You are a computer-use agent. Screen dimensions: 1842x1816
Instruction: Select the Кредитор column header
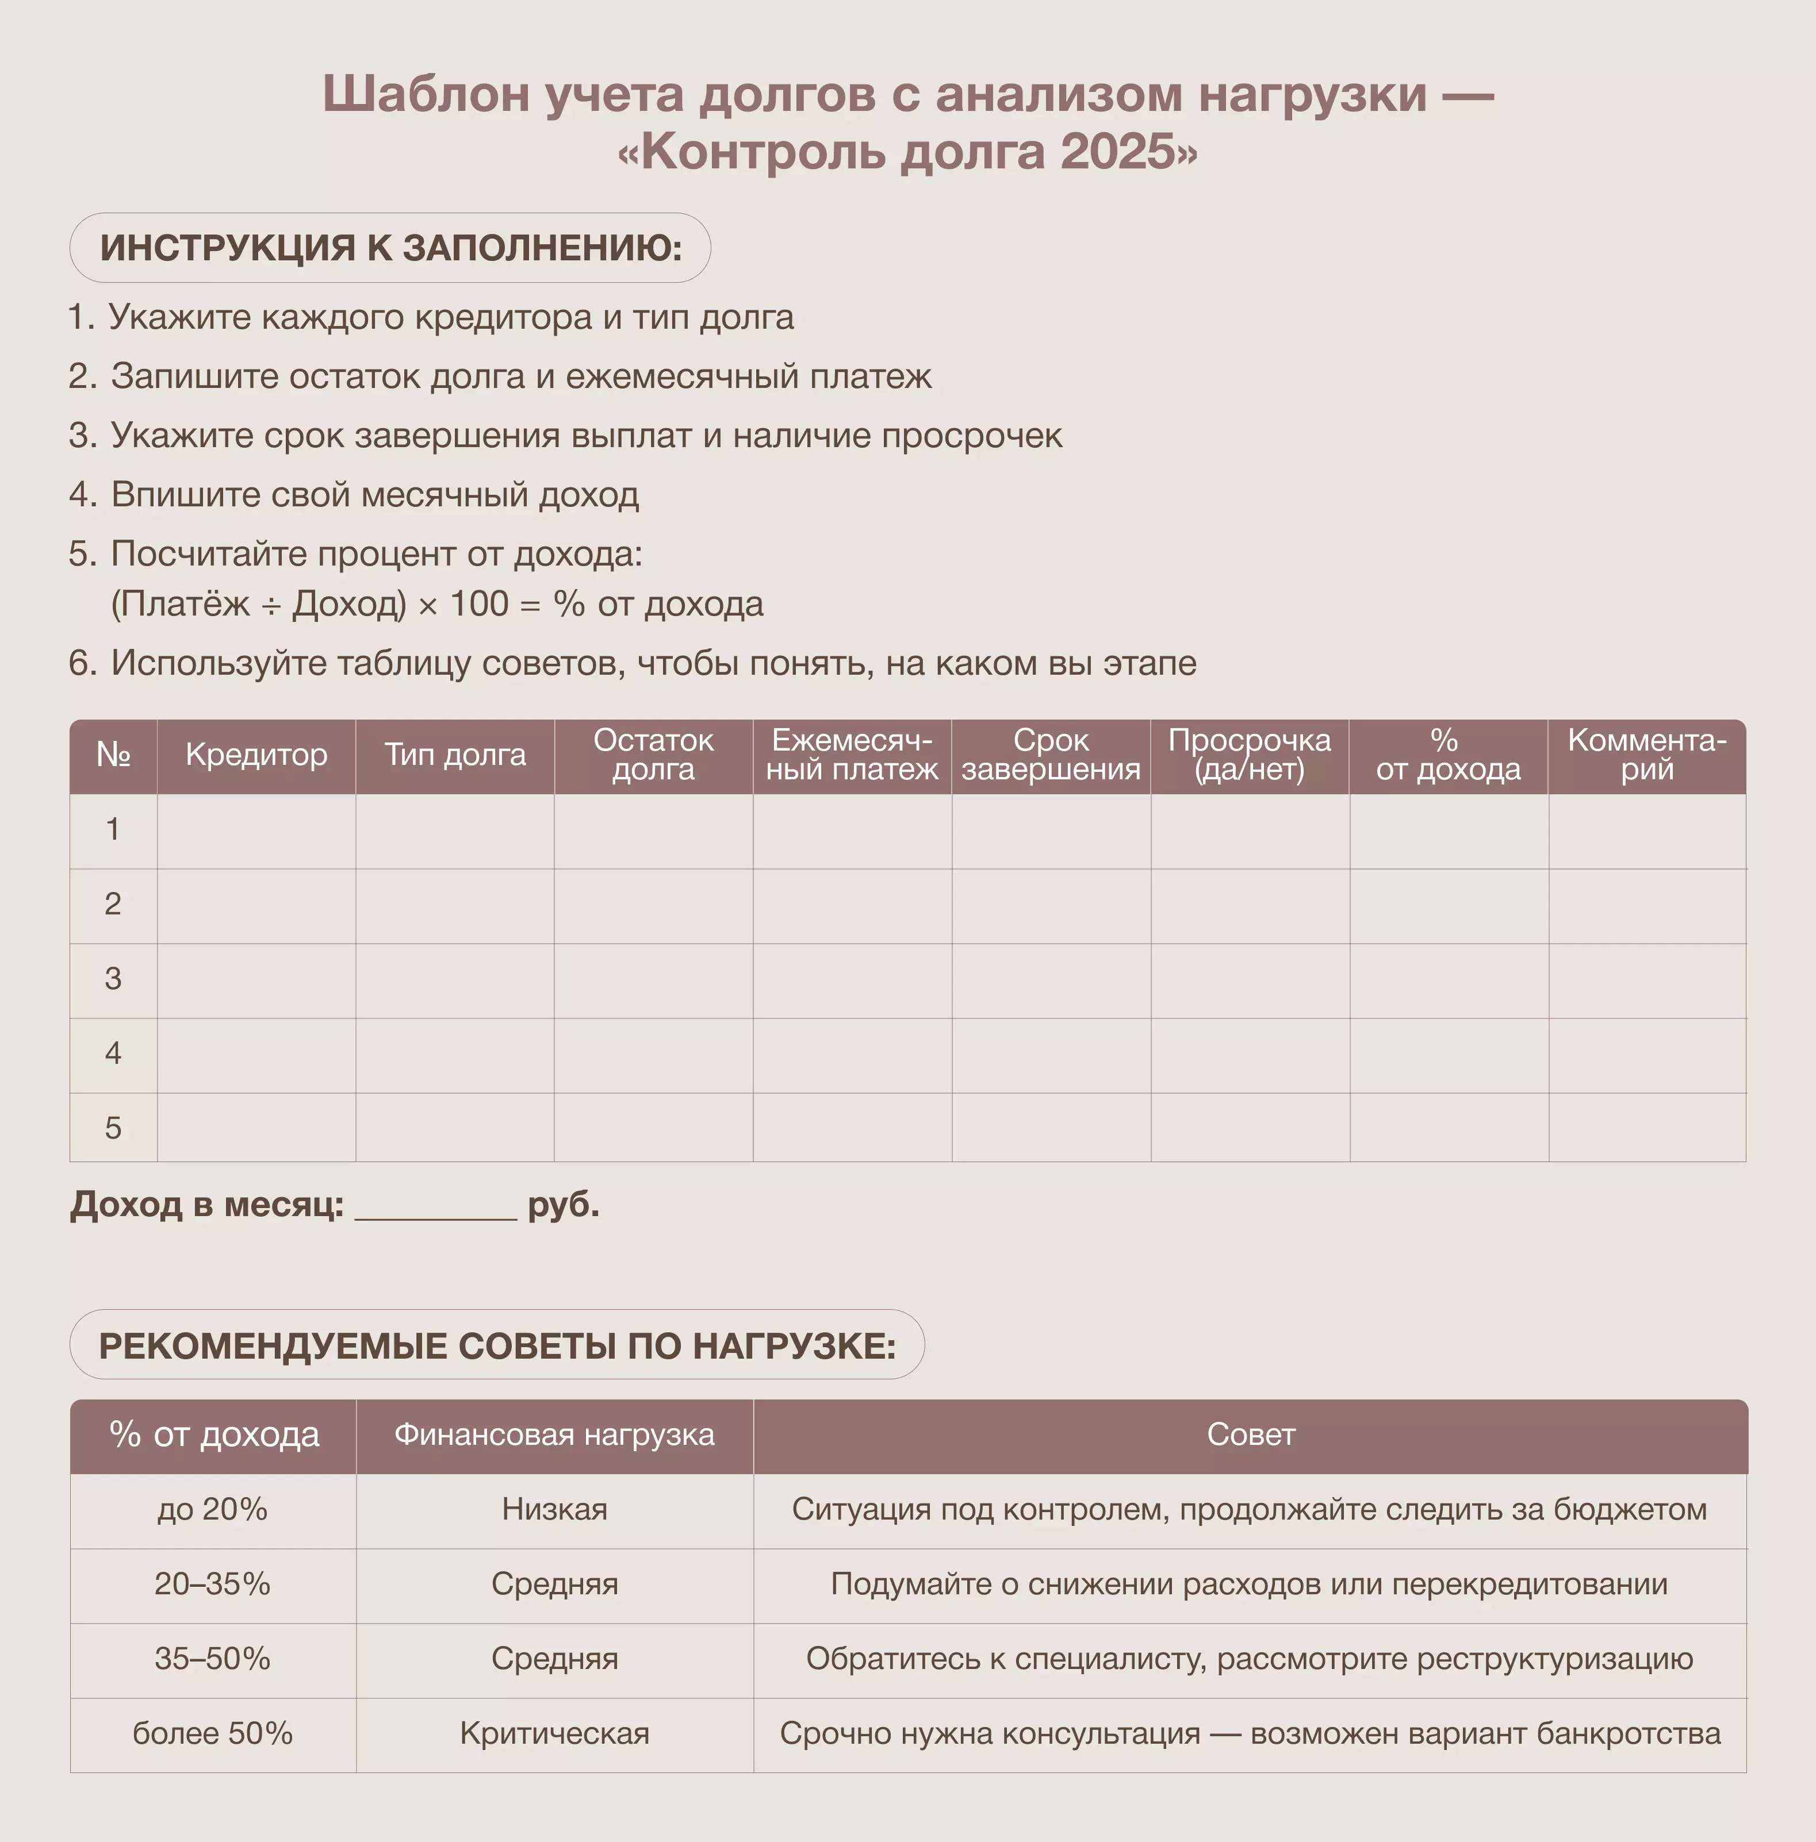point(256,755)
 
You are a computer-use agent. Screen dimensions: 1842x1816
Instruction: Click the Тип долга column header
point(455,755)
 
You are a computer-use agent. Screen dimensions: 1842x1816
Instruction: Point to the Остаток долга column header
point(653,755)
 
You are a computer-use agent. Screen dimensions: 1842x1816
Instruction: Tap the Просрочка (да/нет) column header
point(1250,755)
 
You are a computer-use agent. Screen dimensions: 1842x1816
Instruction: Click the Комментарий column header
point(1647,755)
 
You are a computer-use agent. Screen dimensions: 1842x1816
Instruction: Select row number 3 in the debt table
point(113,979)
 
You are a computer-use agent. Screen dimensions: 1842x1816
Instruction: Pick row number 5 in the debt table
point(113,1128)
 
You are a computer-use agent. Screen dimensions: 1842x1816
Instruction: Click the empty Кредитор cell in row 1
point(256,830)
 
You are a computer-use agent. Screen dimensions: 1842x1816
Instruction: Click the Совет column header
point(1250,1436)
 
